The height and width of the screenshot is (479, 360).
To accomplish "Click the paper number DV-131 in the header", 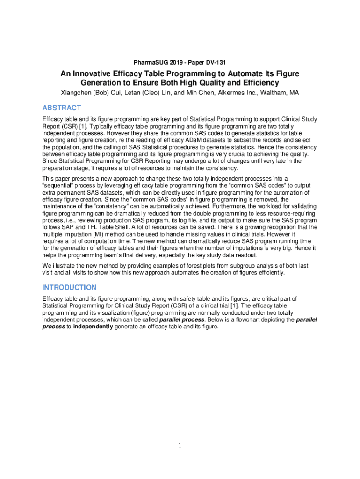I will pos(215,62).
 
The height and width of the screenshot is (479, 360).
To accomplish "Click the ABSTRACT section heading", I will pos(62,108).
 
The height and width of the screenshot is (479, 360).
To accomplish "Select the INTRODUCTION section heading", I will pos(69,287).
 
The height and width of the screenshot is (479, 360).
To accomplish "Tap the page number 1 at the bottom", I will pos(180,445).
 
